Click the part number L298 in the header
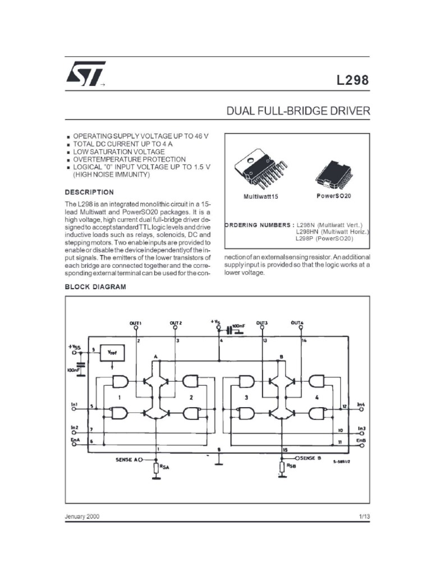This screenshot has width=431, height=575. click(x=353, y=80)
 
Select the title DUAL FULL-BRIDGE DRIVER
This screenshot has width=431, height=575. click(x=298, y=111)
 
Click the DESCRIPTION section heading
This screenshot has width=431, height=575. click(x=89, y=192)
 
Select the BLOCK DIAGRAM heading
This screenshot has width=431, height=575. click(x=95, y=286)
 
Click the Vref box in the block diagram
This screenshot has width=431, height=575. click(x=112, y=353)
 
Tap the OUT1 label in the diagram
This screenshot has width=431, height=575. click(x=136, y=323)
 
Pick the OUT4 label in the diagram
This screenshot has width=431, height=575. click(x=297, y=323)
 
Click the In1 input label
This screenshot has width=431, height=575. click(x=75, y=404)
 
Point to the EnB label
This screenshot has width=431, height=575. click(x=361, y=441)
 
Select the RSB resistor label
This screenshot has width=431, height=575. click(x=291, y=466)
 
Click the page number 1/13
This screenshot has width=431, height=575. click(x=364, y=516)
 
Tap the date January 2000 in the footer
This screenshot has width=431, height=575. click(x=82, y=516)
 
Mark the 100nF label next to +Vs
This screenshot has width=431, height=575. click(x=239, y=326)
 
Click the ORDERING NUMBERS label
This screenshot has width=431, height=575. click(x=259, y=225)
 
